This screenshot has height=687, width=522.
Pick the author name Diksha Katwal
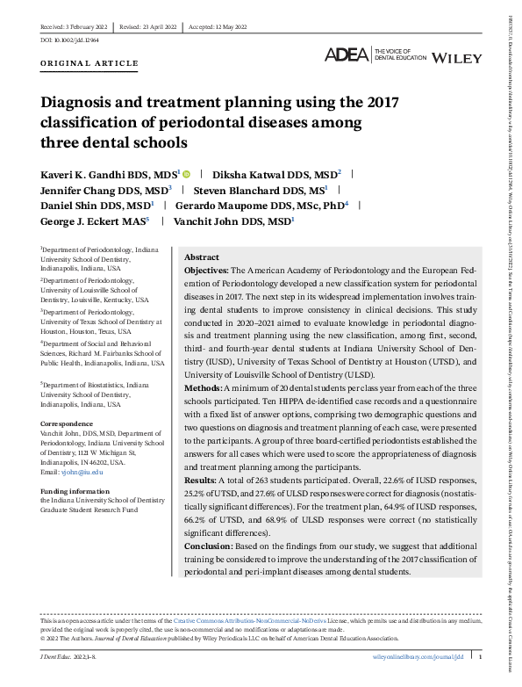[264, 174]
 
